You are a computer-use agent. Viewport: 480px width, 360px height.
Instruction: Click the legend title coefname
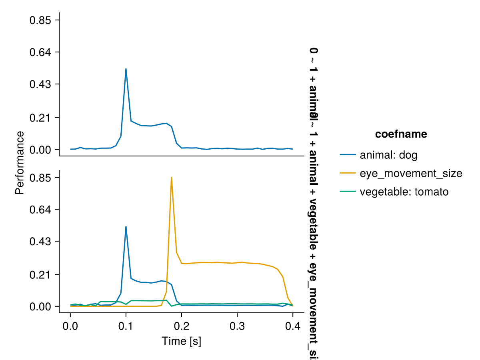(x=401, y=135)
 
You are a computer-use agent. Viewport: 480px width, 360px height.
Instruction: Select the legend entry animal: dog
(x=388, y=155)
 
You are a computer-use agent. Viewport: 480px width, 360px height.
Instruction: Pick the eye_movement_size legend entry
(x=411, y=174)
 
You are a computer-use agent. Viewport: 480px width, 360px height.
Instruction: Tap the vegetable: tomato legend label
(x=404, y=192)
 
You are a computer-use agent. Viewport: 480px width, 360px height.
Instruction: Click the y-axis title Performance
(x=19, y=163)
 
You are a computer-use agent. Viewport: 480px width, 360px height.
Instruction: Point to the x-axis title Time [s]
(x=181, y=341)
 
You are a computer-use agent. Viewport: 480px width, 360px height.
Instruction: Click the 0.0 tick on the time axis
(x=70, y=324)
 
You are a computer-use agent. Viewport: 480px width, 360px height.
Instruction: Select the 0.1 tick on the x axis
(x=126, y=324)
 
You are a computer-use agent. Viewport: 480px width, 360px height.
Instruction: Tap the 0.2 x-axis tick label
(x=182, y=324)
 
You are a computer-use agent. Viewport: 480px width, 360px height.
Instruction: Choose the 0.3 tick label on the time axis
(x=237, y=324)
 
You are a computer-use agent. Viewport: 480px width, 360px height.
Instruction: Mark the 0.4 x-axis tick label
(x=293, y=324)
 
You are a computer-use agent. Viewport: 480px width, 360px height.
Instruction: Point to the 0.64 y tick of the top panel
(x=40, y=52)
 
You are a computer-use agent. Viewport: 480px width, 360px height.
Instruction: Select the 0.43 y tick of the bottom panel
(x=40, y=241)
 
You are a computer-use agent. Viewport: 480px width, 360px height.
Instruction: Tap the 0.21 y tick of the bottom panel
(x=40, y=275)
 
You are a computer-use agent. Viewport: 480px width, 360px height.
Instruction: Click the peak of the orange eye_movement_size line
(x=171, y=177)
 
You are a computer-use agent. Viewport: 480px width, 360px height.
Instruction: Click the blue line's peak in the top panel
(x=126, y=69)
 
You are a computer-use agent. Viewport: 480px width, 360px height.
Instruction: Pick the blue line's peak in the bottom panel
(x=126, y=226)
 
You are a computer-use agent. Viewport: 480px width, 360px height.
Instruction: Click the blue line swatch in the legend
(x=348, y=155)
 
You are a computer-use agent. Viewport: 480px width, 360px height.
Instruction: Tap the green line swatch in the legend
(x=348, y=192)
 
